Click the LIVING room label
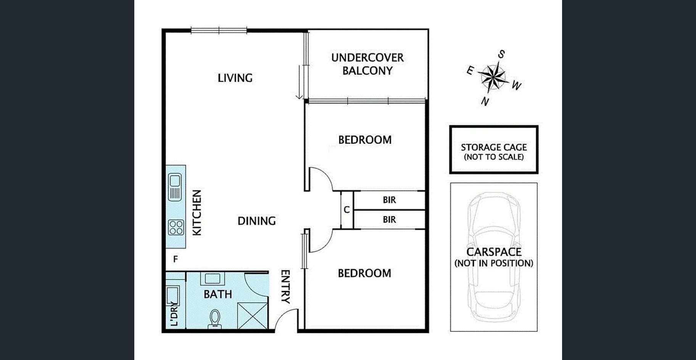pos(235,78)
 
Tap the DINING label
pos(256,221)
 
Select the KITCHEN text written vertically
pos(197,213)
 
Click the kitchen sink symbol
pos(175,186)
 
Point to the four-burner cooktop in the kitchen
pos(176,227)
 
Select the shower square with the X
pos(252,316)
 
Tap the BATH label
pos(217,294)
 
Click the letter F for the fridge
pos(176,259)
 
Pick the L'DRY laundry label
pos(174,314)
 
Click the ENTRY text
pos(285,286)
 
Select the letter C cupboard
pos(346,210)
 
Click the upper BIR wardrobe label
pos(389,200)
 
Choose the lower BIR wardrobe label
pos(389,220)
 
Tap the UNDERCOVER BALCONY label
pos(367,64)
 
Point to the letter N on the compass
pos(485,101)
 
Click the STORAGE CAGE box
pos(494,149)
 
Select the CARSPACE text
pos(494,252)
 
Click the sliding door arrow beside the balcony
pos(300,82)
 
